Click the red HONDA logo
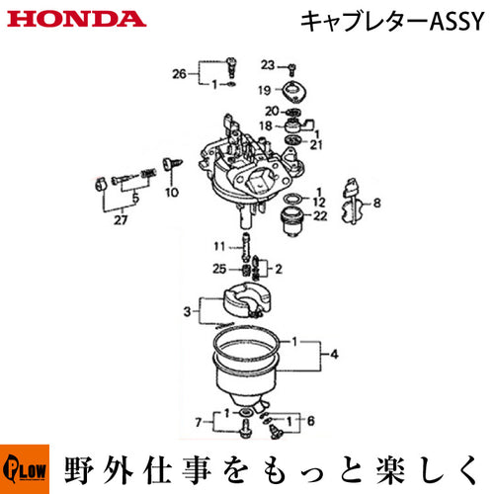point(76,19)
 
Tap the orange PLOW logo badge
point(25,469)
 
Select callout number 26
point(179,74)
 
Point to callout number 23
point(268,65)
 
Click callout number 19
point(265,90)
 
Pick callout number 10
point(172,192)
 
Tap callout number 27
point(121,219)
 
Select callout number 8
point(377,203)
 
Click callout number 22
point(320,215)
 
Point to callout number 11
point(219,246)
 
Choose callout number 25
point(219,269)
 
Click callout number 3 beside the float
point(187,311)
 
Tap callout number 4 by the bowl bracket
point(334,355)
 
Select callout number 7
point(199,422)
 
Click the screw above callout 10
point(172,164)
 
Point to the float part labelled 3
point(247,301)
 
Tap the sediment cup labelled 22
point(291,221)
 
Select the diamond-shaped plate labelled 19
point(294,91)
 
